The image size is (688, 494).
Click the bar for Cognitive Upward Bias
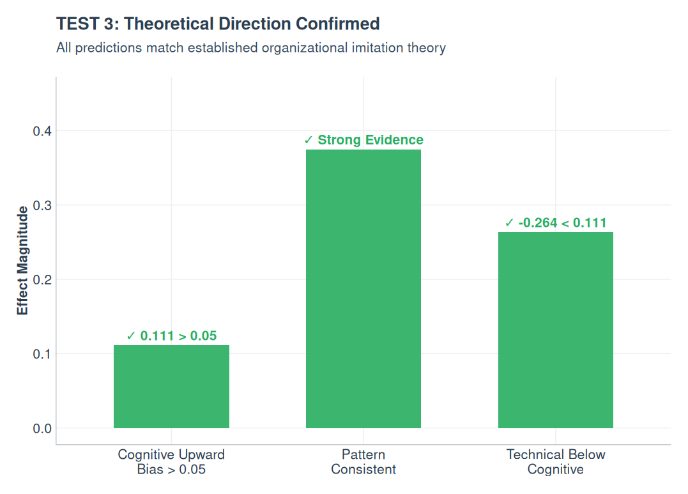click(x=171, y=387)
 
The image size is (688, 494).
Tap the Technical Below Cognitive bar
click(x=555, y=330)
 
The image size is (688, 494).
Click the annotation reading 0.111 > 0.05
click(x=172, y=336)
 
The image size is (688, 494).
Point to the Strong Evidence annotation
click(x=363, y=140)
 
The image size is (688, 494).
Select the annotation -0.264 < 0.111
click(x=555, y=223)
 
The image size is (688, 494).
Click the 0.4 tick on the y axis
click(x=42, y=131)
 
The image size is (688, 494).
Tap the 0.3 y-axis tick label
click(x=42, y=205)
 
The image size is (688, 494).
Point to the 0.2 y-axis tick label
click(x=42, y=279)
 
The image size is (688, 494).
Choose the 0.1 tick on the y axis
click(x=42, y=353)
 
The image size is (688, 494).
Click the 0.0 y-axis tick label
click(x=42, y=428)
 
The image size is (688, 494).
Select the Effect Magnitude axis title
click(x=22, y=260)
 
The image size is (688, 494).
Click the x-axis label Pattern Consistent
click(x=363, y=462)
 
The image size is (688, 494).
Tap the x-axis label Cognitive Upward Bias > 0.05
click(x=171, y=462)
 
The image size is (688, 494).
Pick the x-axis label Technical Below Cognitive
click(x=555, y=462)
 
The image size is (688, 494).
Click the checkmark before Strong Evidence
click(x=309, y=140)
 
